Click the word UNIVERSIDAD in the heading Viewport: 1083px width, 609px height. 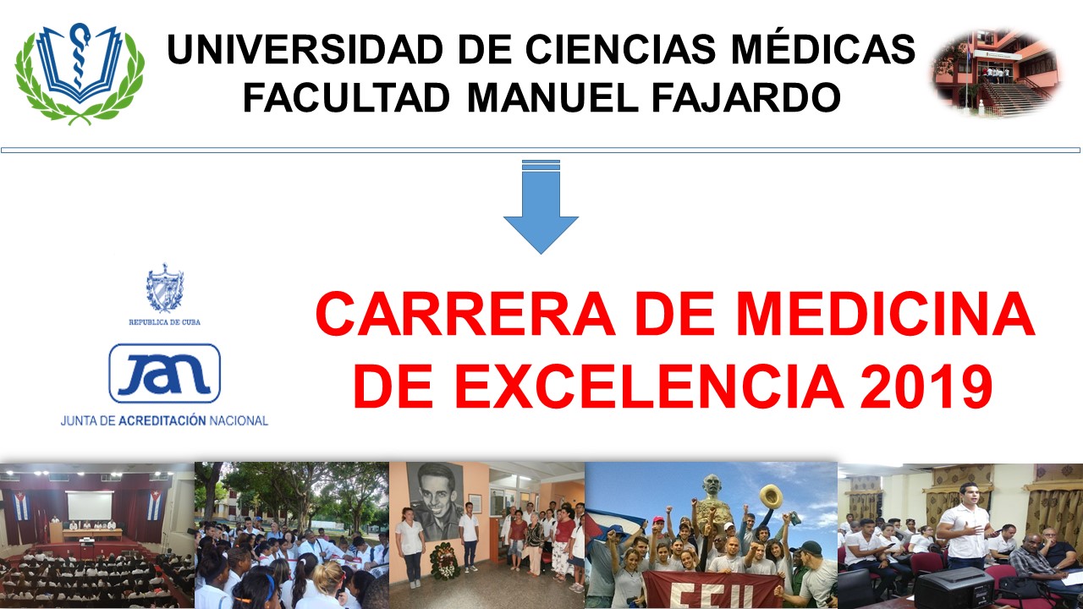[x=305, y=49]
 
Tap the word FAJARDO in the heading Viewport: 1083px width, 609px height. [x=746, y=97]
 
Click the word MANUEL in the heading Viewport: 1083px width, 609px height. [x=552, y=97]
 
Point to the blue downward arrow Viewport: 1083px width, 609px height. [x=541, y=207]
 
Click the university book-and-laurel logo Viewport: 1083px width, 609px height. [x=80, y=74]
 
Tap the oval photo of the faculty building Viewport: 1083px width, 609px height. [x=997, y=73]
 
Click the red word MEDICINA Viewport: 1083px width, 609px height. [x=885, y=313]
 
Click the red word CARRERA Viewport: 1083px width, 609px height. [x=465, y=313]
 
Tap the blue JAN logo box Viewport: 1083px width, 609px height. [x=164, y=373]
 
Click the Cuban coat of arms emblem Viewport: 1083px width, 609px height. [x=165, y=288]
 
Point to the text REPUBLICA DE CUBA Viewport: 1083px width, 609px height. [x=164, y=322]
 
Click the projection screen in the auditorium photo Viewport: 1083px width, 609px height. [x=89, y=506]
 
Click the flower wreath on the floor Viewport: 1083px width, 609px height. [x=444, y=561]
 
